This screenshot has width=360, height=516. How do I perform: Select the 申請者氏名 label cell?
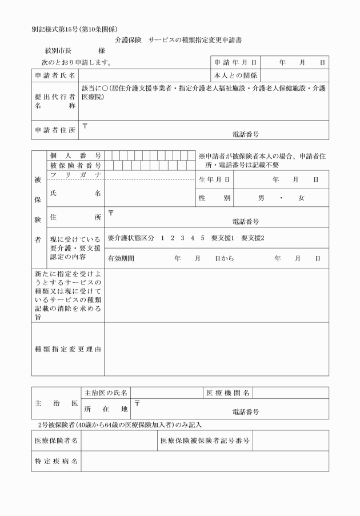click(x=55, y=75)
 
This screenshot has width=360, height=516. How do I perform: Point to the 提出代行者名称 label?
click(x=55, y=101)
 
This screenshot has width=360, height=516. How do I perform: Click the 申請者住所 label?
click(x=55, y=130)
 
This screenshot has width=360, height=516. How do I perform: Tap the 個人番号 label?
click(x=75, y=155)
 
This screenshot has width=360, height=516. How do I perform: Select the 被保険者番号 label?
click(x=75, y=165)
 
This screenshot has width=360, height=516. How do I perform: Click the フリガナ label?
click(x=75, y=174)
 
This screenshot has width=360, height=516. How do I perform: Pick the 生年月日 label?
click(x=215, y=179)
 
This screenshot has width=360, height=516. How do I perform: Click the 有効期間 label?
click(x=121, y=258)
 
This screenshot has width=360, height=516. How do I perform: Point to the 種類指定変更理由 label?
click(x=68, y=349)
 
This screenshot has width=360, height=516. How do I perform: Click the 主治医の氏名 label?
click(x=106, y=393)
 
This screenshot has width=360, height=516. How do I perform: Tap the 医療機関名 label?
click(x=228, y=393)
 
